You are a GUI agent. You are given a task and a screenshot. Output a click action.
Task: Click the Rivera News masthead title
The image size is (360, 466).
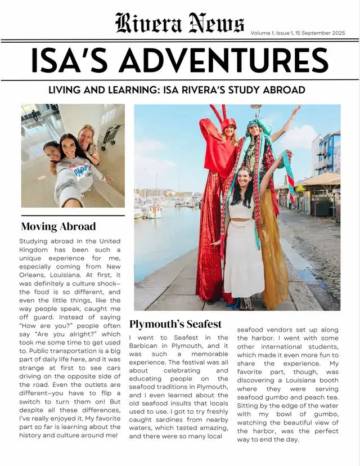coord(179,24)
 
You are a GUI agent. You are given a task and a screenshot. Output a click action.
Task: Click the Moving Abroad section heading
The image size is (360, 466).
coord(58,227)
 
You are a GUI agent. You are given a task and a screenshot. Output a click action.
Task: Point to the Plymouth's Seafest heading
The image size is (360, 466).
coord(175,324)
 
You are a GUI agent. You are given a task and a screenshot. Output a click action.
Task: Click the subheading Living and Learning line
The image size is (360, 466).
coord(177,90)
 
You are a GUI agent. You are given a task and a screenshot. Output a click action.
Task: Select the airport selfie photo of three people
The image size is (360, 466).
coord(73,155)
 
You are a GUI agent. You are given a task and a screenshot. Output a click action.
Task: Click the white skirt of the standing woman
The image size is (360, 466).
coord(244,265)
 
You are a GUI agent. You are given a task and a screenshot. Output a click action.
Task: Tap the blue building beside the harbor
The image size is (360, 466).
coord(328,153)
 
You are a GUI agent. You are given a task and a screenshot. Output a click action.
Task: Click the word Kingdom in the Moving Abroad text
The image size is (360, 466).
coord(34,249)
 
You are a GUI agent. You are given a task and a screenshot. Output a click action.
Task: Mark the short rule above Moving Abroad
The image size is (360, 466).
coord(73,216)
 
